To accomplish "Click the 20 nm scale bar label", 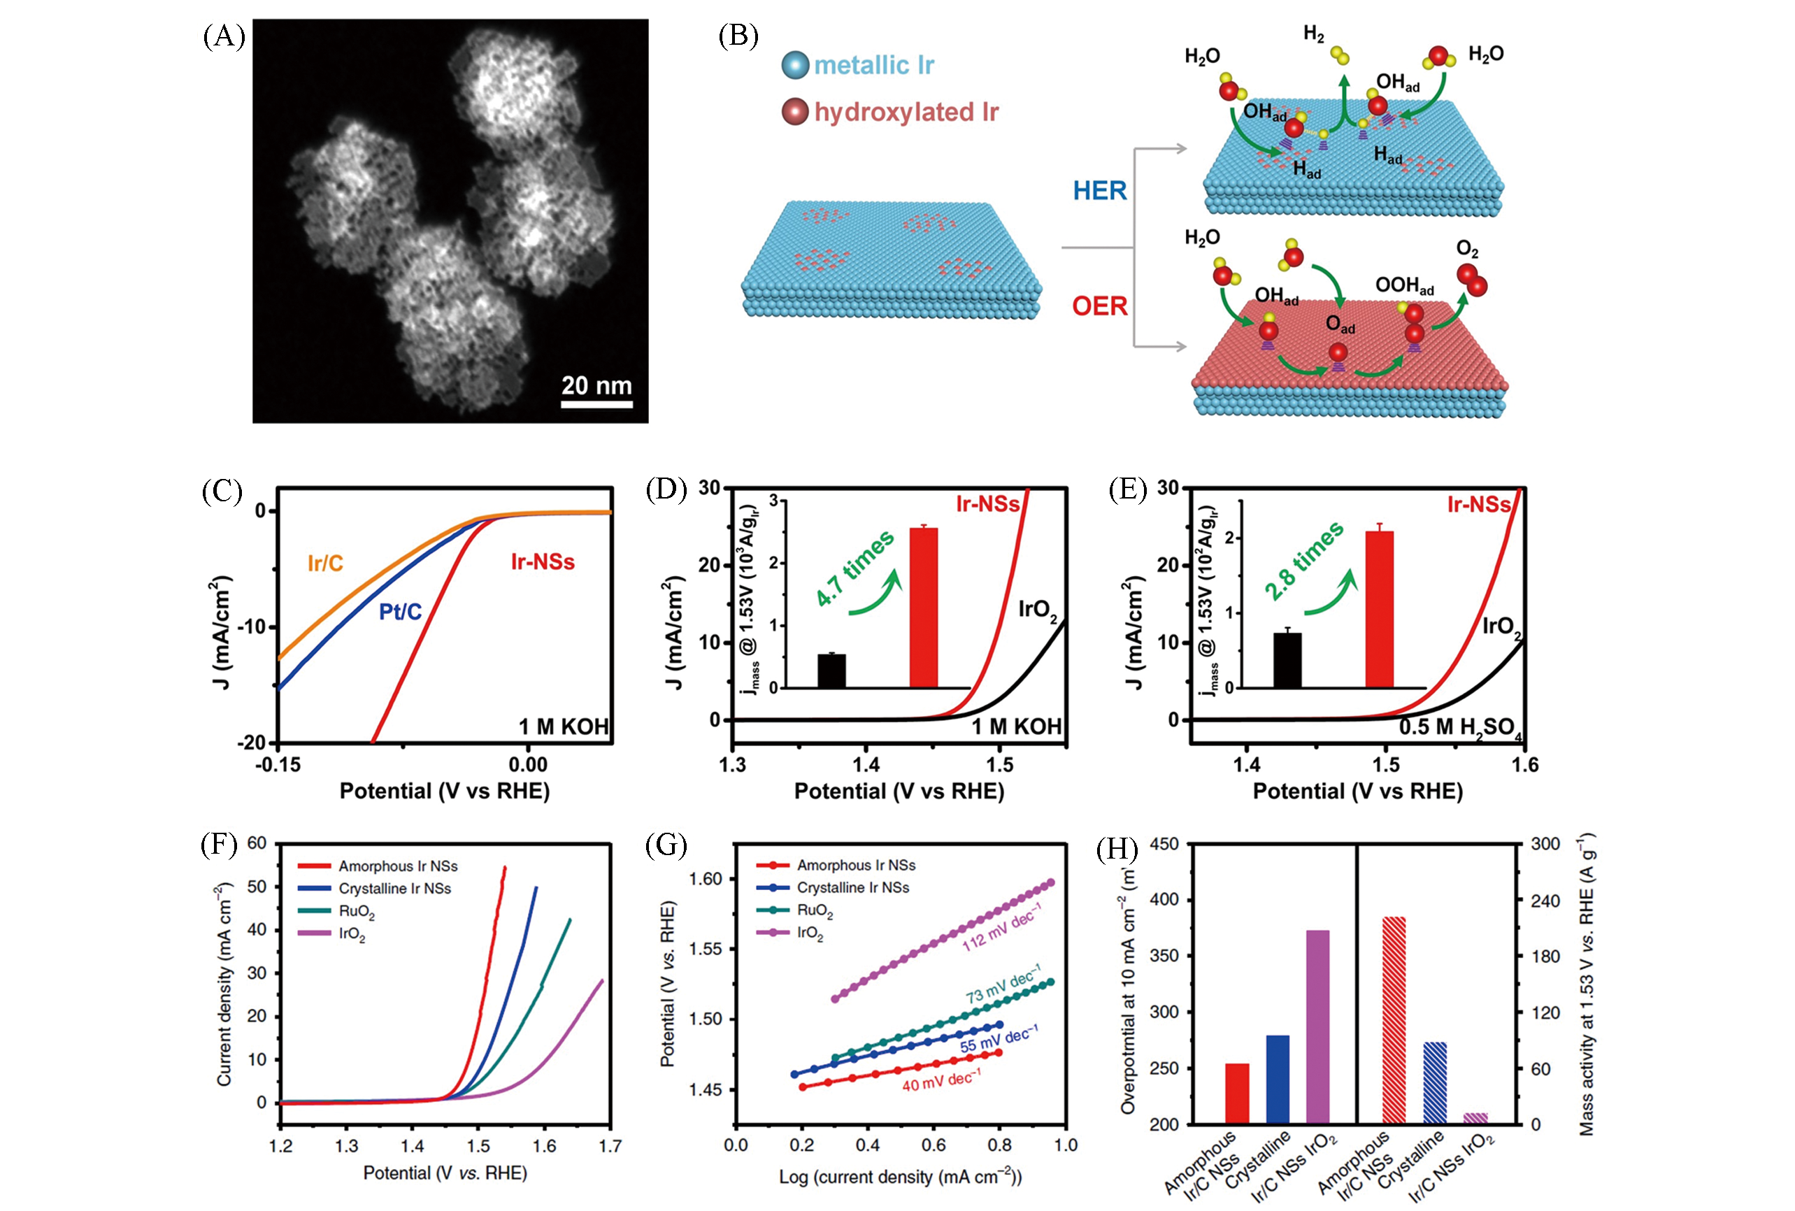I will (596, 385).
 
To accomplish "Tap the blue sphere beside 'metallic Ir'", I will (795, 65).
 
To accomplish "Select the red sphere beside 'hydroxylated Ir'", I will (795, 112).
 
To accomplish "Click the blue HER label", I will (1099, 191).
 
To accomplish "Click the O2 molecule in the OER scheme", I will (1471, 280).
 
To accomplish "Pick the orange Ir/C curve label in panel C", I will (325, 563).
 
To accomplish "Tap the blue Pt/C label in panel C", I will (400, 612).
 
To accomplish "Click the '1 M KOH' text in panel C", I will (563, 726).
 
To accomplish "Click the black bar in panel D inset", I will (831, 671).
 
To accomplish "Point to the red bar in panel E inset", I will (1380, 608).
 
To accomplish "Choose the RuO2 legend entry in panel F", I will (356, 911).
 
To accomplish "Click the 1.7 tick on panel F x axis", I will (609, 1145).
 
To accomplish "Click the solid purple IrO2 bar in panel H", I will (1317, 1026).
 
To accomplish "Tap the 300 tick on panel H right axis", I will (1545, 844).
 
